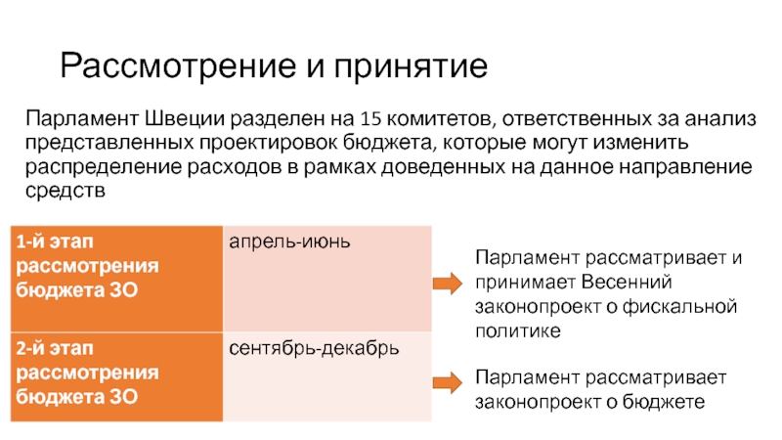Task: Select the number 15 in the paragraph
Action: pyautogui.click(x=370, y=121)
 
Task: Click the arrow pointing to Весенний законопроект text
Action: pyautogui.click(x=447, y=284)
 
